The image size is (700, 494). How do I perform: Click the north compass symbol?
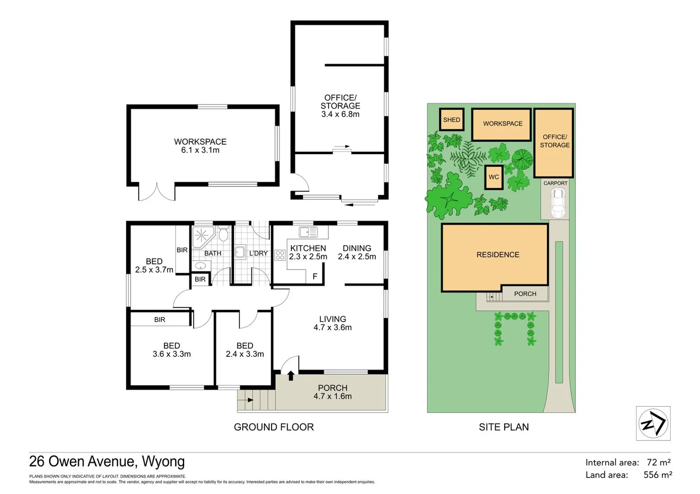tap(653, 423)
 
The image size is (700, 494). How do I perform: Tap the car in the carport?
tap(558, 203)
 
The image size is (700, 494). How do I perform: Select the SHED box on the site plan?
tap(451, 120)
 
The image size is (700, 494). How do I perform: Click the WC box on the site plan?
tap(494, 177)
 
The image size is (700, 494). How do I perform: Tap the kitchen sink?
tap(308, 232)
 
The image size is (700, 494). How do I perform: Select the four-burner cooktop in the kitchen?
tap(279, 255)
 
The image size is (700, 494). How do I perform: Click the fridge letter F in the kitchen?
tap(315, 276)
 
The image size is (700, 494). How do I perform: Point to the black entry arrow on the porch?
tap(290, 376)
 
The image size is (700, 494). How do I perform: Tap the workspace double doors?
tap(157, 192)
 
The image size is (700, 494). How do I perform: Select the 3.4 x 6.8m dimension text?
tap(340, 114)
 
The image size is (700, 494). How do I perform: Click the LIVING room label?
tap(333, 319)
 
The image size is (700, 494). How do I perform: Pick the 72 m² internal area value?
tap(659, 462)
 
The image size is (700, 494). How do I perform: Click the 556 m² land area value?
tap(657, 475)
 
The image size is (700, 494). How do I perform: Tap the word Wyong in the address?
tap(163, 462)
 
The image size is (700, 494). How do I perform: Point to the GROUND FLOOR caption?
tap(273, 427)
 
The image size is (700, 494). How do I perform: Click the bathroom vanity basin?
tap(200, 266)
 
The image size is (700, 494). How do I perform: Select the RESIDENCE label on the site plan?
tap(498, 255)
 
